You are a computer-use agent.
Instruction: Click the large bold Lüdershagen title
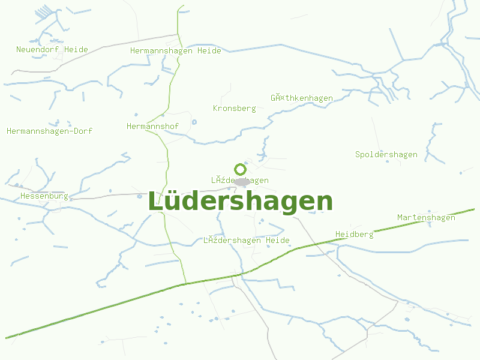tap(240, 202)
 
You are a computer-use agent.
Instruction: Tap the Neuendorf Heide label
tap(52, 50)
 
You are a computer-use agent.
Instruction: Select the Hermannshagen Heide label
tap(175, 51)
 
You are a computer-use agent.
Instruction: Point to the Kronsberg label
tap(234, 109)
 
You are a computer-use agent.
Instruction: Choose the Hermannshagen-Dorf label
tap(49, 131)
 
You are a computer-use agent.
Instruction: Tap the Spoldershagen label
tap(386, 155)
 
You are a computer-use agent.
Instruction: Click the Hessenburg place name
tap(44, 196)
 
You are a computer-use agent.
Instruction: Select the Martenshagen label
tap(426, 218)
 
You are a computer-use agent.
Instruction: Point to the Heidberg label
tap(354, 234)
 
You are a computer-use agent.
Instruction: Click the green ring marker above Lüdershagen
tap(240, 169)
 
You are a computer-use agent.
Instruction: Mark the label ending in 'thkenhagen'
tap(301, 98)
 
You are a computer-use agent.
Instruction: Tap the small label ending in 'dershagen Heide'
tap(246, 241)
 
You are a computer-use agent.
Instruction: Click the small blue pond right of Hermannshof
tap(194, 122)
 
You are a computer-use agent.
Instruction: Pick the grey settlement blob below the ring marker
tap(242, 181)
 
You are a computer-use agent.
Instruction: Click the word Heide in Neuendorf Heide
tap(76, 50)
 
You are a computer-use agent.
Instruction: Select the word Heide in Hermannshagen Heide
tap(209, 51)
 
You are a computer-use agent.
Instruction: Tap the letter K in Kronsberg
tap(215, 109)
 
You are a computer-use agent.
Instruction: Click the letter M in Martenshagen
tap(400, 218)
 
